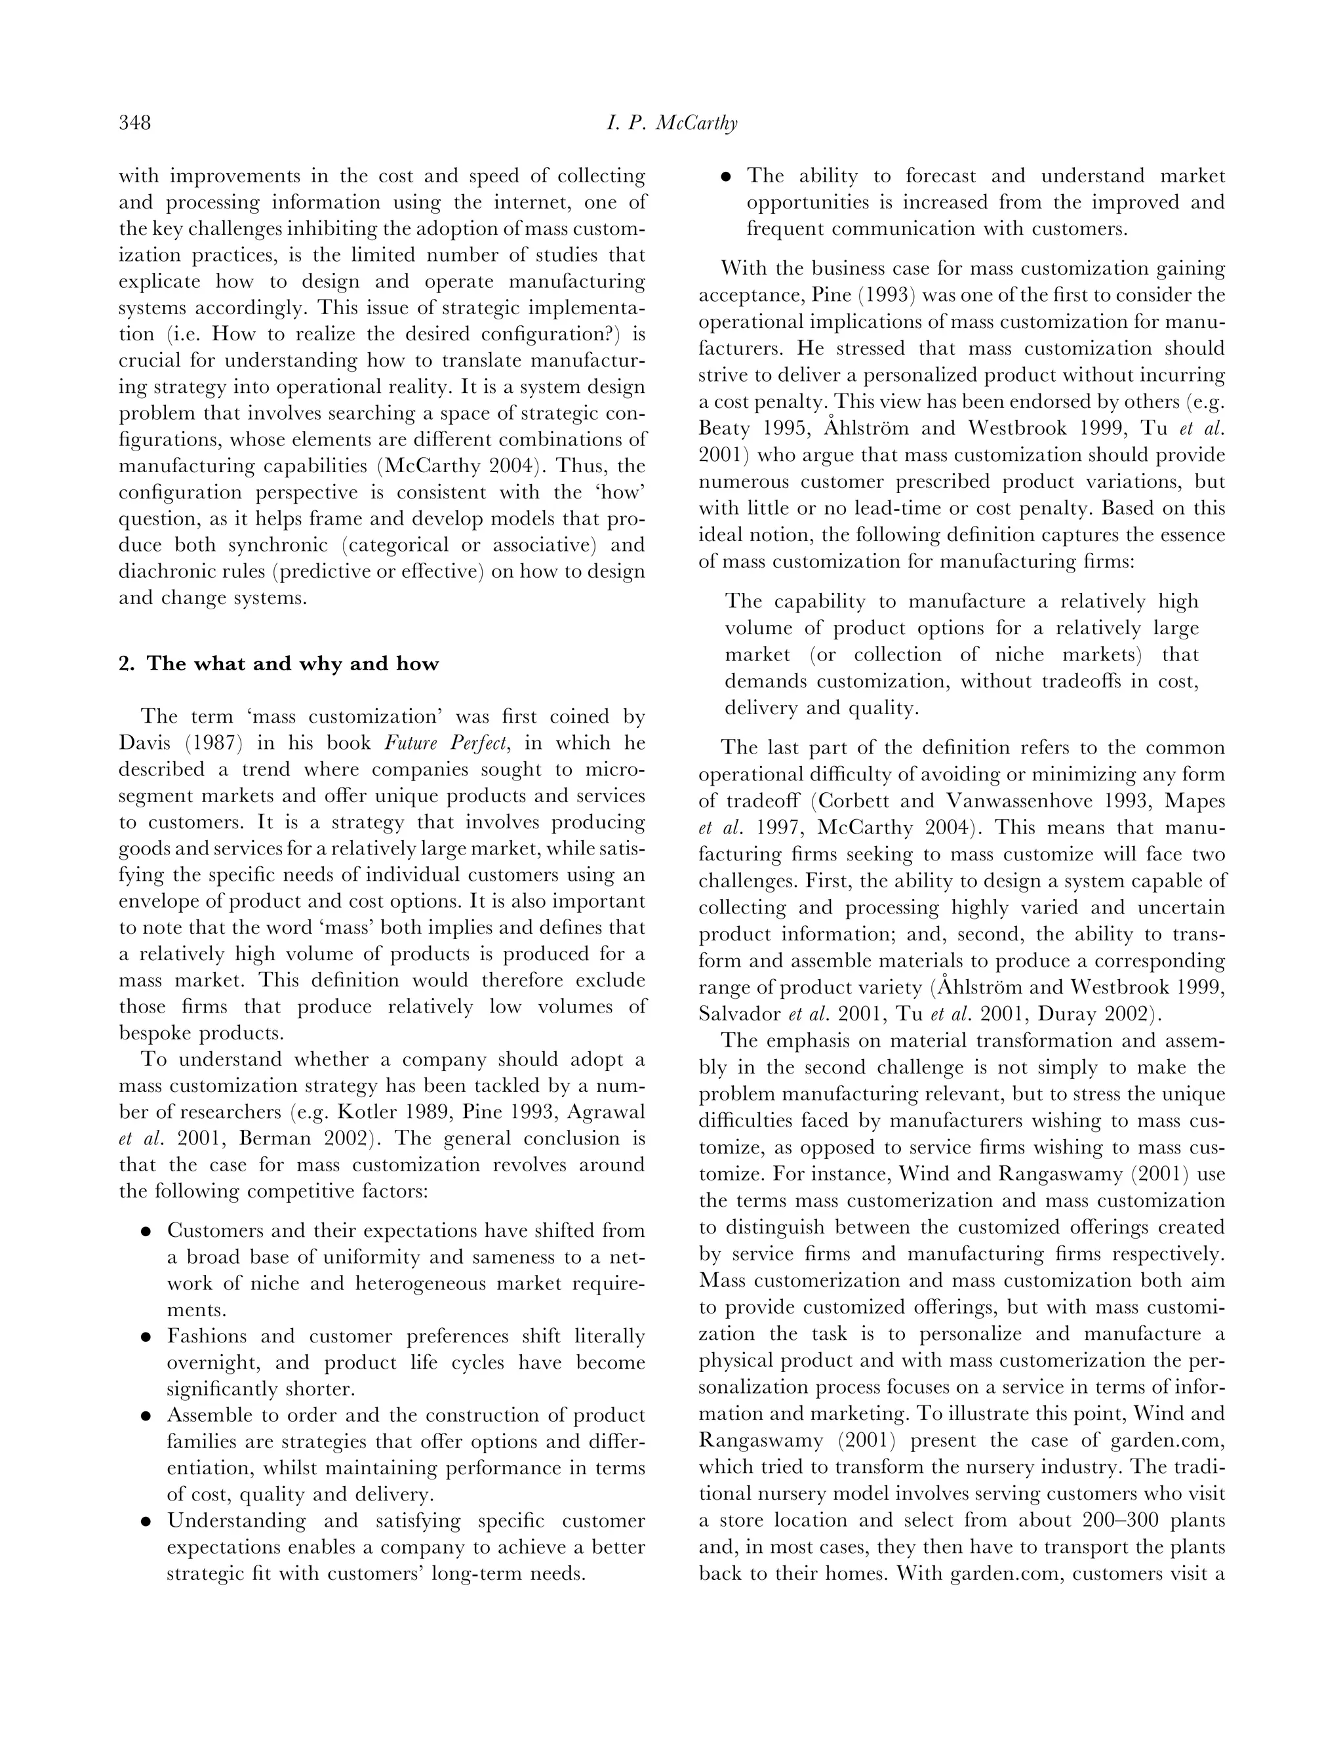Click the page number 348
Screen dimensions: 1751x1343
[135, 123]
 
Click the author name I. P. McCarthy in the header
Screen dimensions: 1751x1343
[671, 123]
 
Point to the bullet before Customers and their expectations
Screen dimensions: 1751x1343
[146, 1232]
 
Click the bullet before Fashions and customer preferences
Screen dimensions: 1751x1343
[146, 1338]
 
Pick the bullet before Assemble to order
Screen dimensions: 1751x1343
[146, 1417]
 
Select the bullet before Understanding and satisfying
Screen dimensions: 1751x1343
[146, 1522]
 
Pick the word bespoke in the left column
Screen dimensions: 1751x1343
[155, 1033]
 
